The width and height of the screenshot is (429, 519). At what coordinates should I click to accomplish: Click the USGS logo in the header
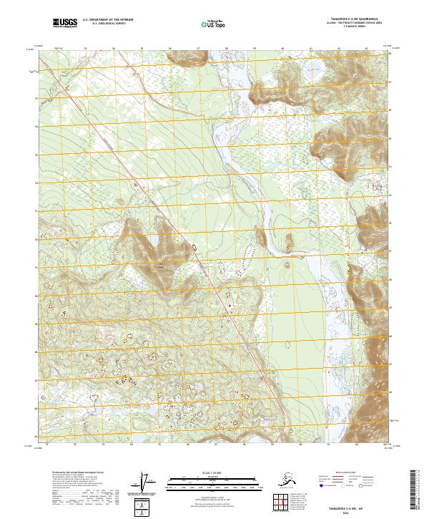[x=65, y=24]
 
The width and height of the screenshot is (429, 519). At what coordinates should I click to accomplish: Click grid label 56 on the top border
[x=170, y=49]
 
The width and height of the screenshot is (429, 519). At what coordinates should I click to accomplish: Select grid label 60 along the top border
[x=282, y=49]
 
